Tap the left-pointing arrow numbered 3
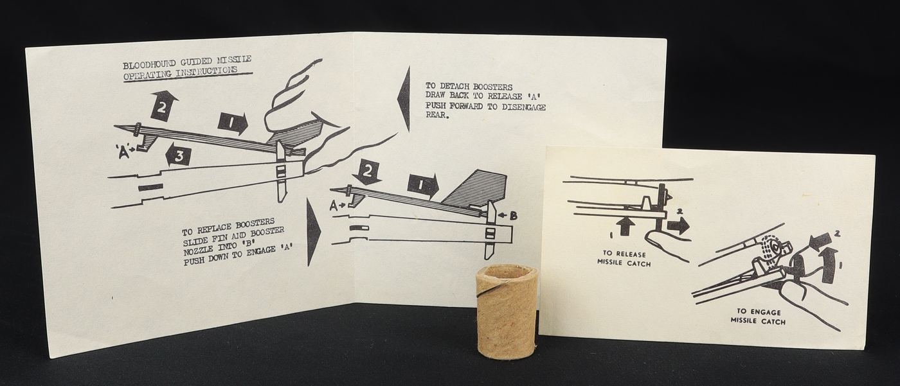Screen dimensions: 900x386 pos(177,157)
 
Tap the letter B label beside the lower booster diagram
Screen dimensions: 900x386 pos(513,216)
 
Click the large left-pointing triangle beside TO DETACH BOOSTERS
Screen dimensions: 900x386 pos(403,99)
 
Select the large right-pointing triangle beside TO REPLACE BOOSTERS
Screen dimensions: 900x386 pos(314,231)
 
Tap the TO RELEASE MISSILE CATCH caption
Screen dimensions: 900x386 pos(624,258)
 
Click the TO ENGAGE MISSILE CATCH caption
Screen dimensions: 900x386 pos(758,316)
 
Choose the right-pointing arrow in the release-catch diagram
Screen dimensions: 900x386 pos(678,225)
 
